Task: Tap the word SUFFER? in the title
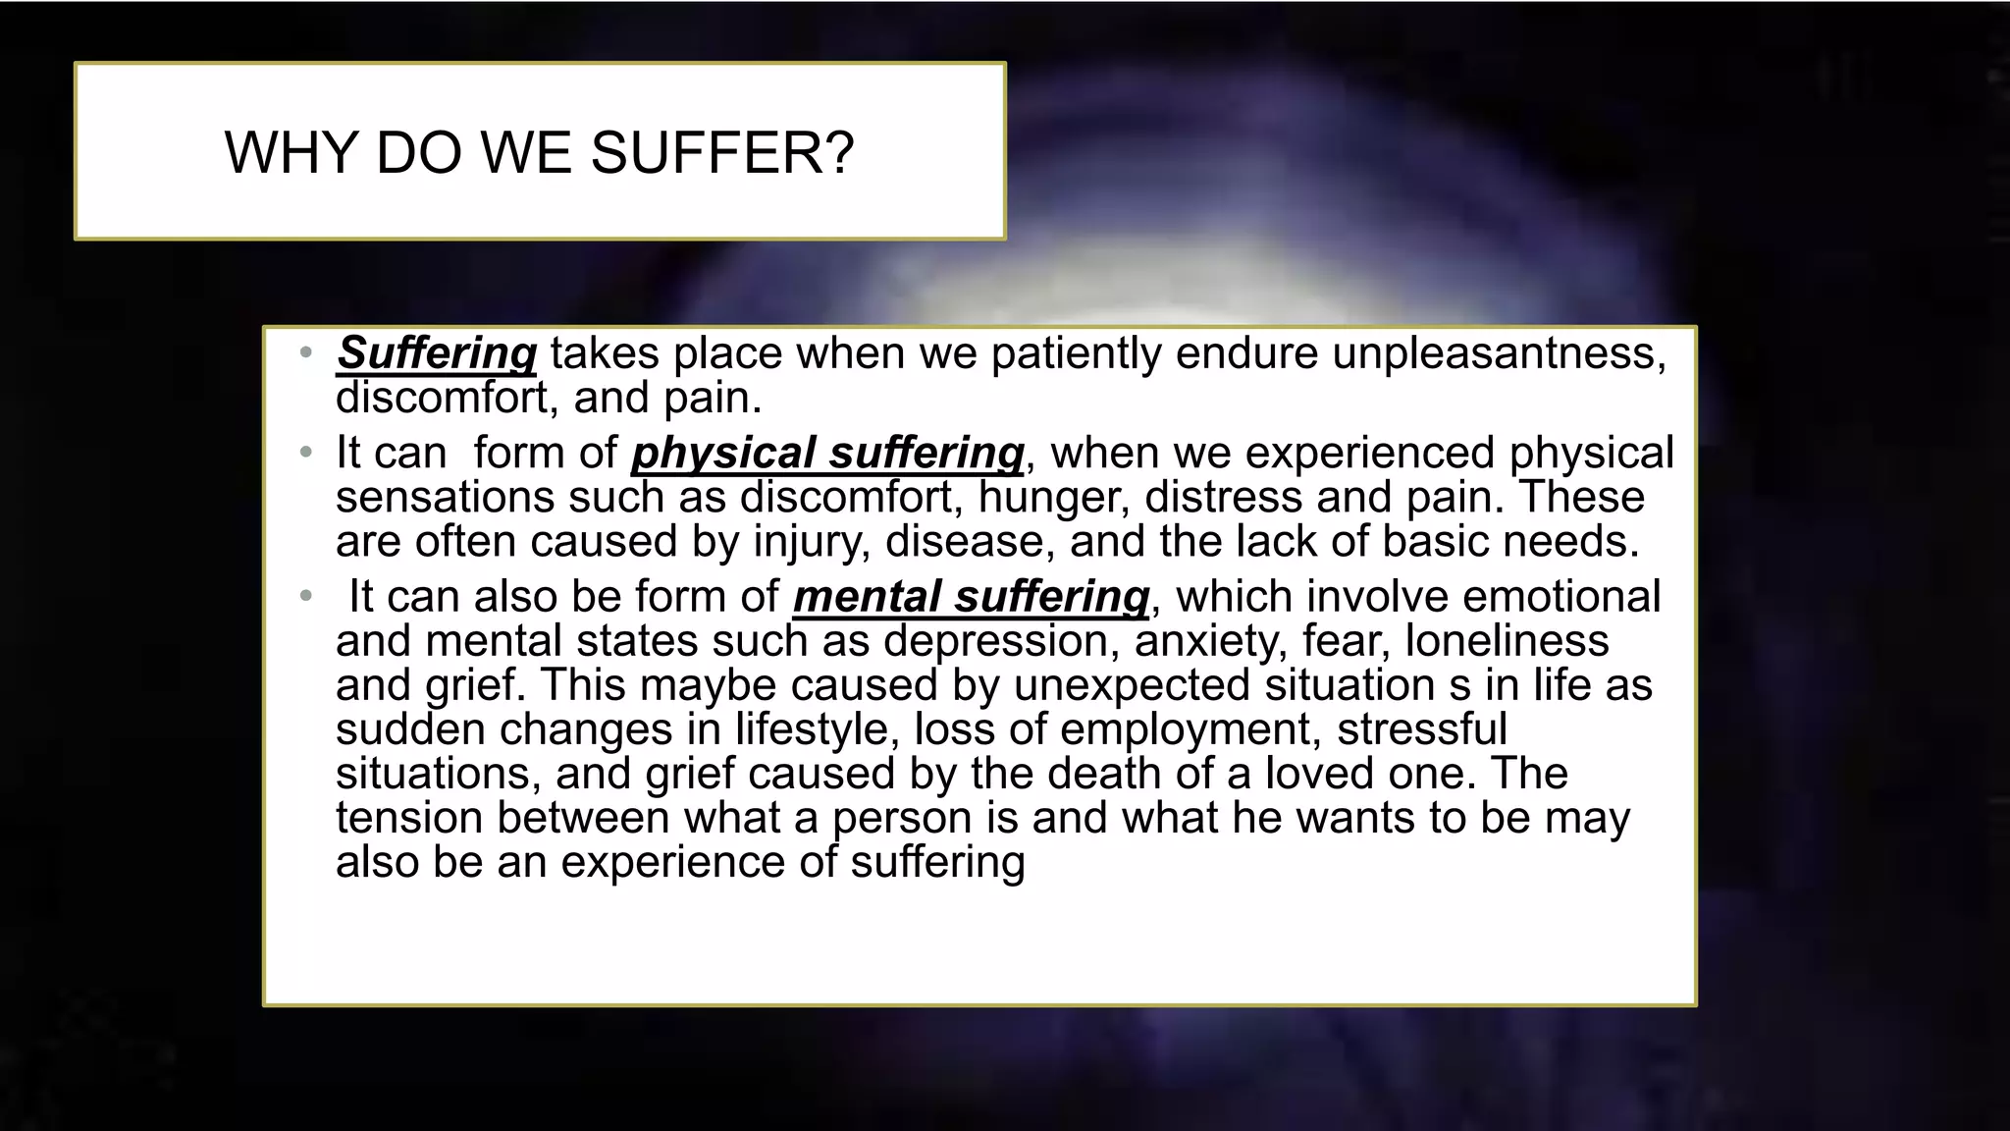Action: coord(722,153)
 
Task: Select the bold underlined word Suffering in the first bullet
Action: coord(437,353)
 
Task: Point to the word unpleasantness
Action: coord(1498,353)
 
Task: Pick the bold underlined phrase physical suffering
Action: coord(827,454)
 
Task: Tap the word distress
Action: coord(1223,498)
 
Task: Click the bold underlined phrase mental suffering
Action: coord(971,597)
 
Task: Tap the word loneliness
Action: coord(1507,641)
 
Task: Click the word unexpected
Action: coord(1131,685)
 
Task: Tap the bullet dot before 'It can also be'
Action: coord(306,596)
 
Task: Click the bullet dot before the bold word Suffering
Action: coord(306,352)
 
